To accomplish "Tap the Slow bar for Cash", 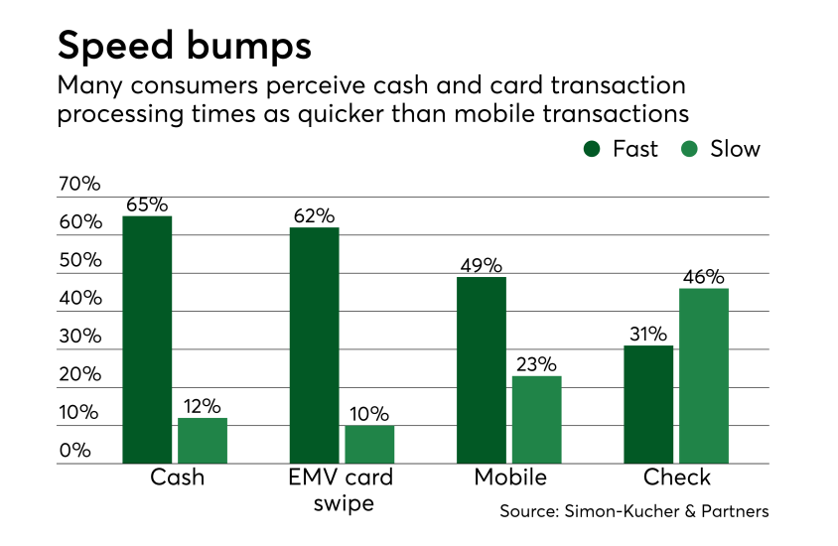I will click(203, 441).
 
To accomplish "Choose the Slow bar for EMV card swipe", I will click(369, 445).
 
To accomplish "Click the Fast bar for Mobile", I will click(482, 370).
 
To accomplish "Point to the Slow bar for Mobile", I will click(537, 419).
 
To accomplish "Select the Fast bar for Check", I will click(648, 404).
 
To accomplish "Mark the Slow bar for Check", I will click(704, 375).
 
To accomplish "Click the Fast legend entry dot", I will click(593, 149).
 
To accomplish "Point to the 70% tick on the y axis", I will click(79, 184).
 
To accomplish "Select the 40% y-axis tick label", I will click(79, 298).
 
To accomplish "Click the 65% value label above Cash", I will click(147, 205).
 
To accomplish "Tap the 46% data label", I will click(704, 277).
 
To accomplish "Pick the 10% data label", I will click(369, 414).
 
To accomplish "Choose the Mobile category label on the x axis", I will click(510, 478).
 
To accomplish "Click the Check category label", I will click(677, 478).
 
